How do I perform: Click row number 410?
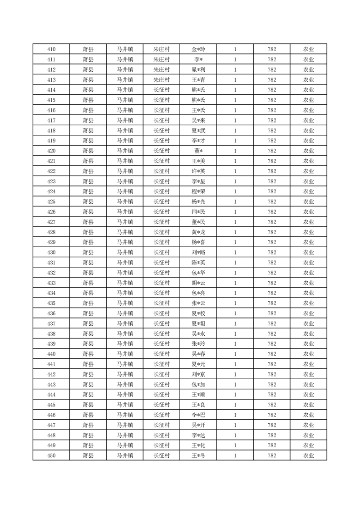[51, 49]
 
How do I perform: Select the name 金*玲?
[198, 49]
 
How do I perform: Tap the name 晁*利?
[198, 70]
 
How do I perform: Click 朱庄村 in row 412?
[161, 70]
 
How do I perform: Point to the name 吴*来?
[198, 121]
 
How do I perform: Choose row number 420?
[51, 151]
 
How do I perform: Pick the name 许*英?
[198, 171]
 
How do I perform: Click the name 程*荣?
[198, 191]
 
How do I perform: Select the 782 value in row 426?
[272, 212]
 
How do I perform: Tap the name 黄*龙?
[198, 232]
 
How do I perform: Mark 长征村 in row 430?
[161, 253]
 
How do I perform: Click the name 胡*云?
[198, 283]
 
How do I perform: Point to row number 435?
[51, 303]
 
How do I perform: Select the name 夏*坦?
[198, 323]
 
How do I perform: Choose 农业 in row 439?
[309, 344]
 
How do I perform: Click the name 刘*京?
[198, 374]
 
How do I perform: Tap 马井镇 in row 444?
[124, 395]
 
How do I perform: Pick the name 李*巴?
[198, 415]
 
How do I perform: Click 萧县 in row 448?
[88, 436]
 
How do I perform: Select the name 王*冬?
[198, 455]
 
